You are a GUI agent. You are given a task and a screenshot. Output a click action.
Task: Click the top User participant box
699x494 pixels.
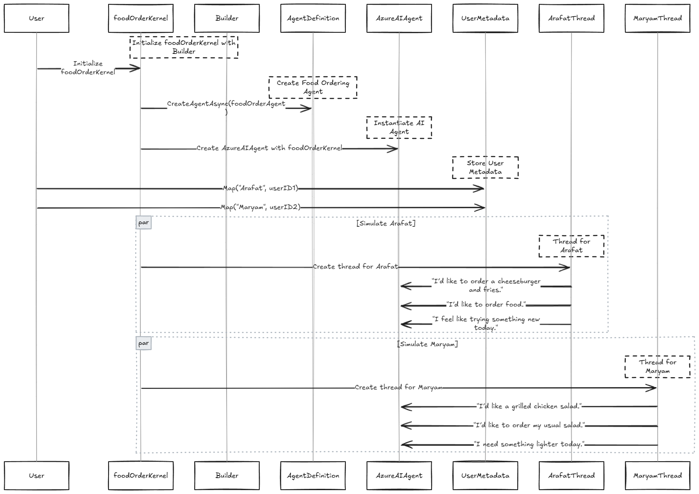37,19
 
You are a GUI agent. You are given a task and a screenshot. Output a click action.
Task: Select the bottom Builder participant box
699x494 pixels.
227,475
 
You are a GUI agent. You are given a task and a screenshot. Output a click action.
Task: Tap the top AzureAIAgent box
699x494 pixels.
399,19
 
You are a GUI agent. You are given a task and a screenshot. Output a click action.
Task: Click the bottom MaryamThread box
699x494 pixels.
658,475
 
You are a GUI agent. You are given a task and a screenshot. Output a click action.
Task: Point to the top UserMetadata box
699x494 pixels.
485,19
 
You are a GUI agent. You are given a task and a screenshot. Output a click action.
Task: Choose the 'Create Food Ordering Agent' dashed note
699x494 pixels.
313,88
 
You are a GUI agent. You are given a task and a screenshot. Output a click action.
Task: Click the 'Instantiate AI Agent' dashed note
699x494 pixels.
399,128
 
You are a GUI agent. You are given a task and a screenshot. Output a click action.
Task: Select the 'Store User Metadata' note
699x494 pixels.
485,168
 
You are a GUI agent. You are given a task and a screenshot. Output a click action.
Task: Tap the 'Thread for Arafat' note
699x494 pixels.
572,246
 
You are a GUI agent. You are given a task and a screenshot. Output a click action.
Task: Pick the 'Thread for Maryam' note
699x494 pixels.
658,367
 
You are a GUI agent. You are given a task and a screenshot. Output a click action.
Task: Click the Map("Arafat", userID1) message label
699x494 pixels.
261,188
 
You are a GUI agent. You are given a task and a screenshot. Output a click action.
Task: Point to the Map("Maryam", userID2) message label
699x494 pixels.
261,207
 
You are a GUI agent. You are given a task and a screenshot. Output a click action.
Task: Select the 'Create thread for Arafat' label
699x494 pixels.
355,267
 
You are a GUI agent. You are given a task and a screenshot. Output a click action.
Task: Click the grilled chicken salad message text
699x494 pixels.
529,406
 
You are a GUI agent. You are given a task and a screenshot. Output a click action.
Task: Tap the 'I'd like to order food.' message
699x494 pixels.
486,305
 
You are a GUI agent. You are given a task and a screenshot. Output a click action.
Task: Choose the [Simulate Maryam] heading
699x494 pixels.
427,344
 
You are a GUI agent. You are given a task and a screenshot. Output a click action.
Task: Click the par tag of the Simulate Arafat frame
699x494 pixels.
144,223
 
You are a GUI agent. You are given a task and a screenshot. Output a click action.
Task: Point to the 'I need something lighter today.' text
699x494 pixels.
529,444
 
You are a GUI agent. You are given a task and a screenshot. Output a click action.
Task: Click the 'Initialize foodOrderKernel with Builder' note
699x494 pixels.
184,47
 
